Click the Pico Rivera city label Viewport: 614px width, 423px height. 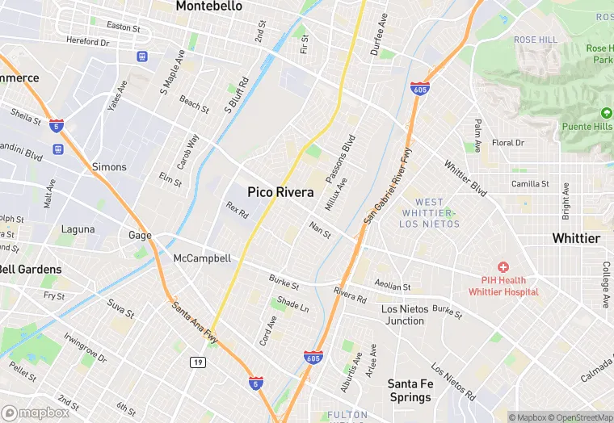point(280,193)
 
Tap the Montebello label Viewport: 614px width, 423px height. point(208,6)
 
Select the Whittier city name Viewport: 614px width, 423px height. point(576,238)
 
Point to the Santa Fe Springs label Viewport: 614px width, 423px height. point(410,391)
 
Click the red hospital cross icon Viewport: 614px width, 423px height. point(503,266)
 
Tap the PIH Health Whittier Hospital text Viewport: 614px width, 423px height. point(503,286)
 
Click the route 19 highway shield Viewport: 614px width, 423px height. point(197,363)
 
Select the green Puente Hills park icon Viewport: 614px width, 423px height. point(607,112)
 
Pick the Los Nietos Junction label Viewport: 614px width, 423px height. point(402,315)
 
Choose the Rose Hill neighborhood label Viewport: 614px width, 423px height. point(536,40)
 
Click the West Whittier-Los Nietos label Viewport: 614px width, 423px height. point(429,212)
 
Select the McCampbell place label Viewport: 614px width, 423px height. point(202,258)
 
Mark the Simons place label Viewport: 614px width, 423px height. point(109,167)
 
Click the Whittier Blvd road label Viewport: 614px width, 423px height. point(465,178)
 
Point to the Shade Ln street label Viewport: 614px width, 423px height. point(293,304)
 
